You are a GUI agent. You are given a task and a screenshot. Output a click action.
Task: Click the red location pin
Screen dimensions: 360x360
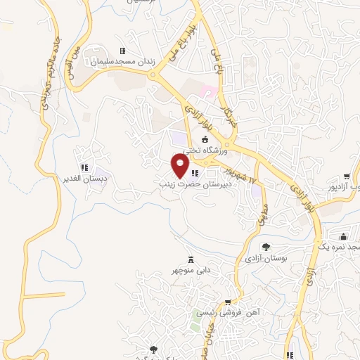[180, 166]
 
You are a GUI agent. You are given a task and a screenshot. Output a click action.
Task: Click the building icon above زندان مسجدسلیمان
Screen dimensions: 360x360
[122, 51]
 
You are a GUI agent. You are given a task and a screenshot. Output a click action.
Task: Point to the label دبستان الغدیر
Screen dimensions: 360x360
[84, 179]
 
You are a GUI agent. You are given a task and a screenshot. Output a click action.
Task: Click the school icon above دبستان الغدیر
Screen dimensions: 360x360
[83, 167]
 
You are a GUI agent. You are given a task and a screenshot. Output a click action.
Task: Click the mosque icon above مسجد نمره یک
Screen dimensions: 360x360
[344, 238]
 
